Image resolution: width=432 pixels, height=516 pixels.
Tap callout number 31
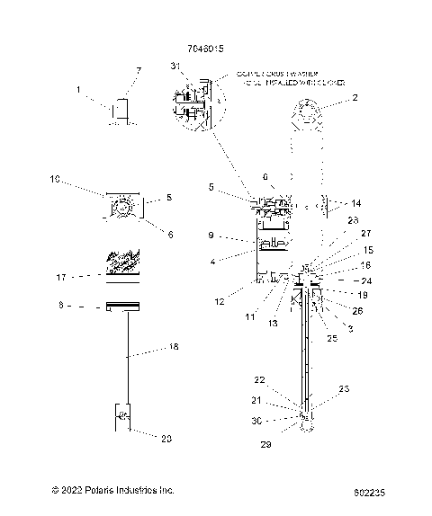click(174, 67)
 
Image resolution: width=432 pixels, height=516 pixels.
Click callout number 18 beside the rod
click(174, 345)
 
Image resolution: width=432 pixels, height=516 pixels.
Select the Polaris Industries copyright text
click(112, 490)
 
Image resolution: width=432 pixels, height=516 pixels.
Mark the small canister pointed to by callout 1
click(119, 110)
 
